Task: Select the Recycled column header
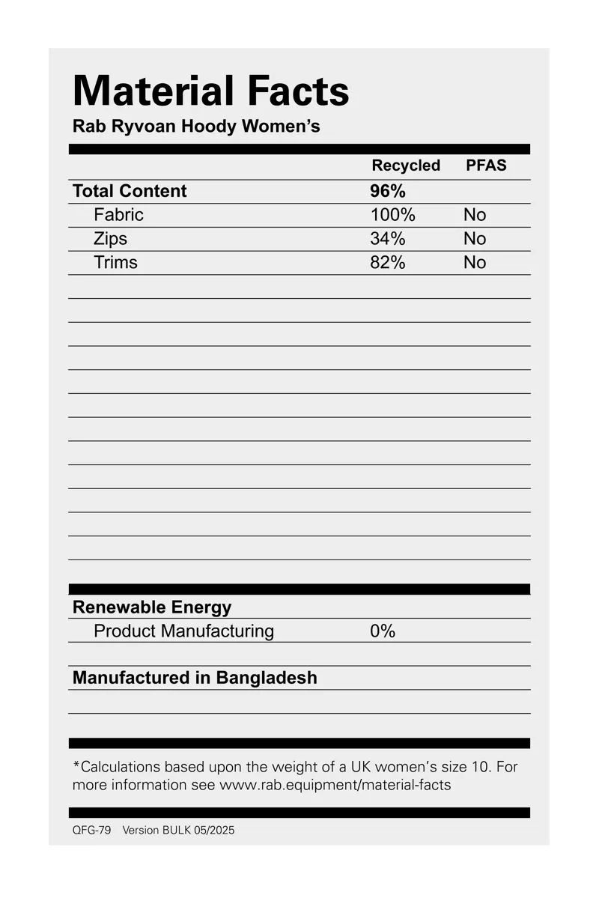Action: click(406, 166)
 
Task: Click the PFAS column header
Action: click(486, 166)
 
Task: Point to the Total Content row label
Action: click(130, 191)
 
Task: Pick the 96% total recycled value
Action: click(388, 191)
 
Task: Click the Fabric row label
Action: click(118, 215)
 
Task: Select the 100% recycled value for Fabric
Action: click(392, 215)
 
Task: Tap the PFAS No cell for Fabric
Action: click(475, 215)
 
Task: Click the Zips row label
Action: click(110, 239)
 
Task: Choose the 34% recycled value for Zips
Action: click(388, 239)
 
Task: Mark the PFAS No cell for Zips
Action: click(475, 239)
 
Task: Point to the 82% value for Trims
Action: click(388, 263)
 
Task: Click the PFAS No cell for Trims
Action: click(475, 263)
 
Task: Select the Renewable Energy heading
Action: click(152, 607)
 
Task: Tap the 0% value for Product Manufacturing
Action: click(383, 631)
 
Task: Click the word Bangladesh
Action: click(267, 678)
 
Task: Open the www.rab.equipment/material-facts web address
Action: click(335, 786)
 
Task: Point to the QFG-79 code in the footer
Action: click(91, 830)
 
